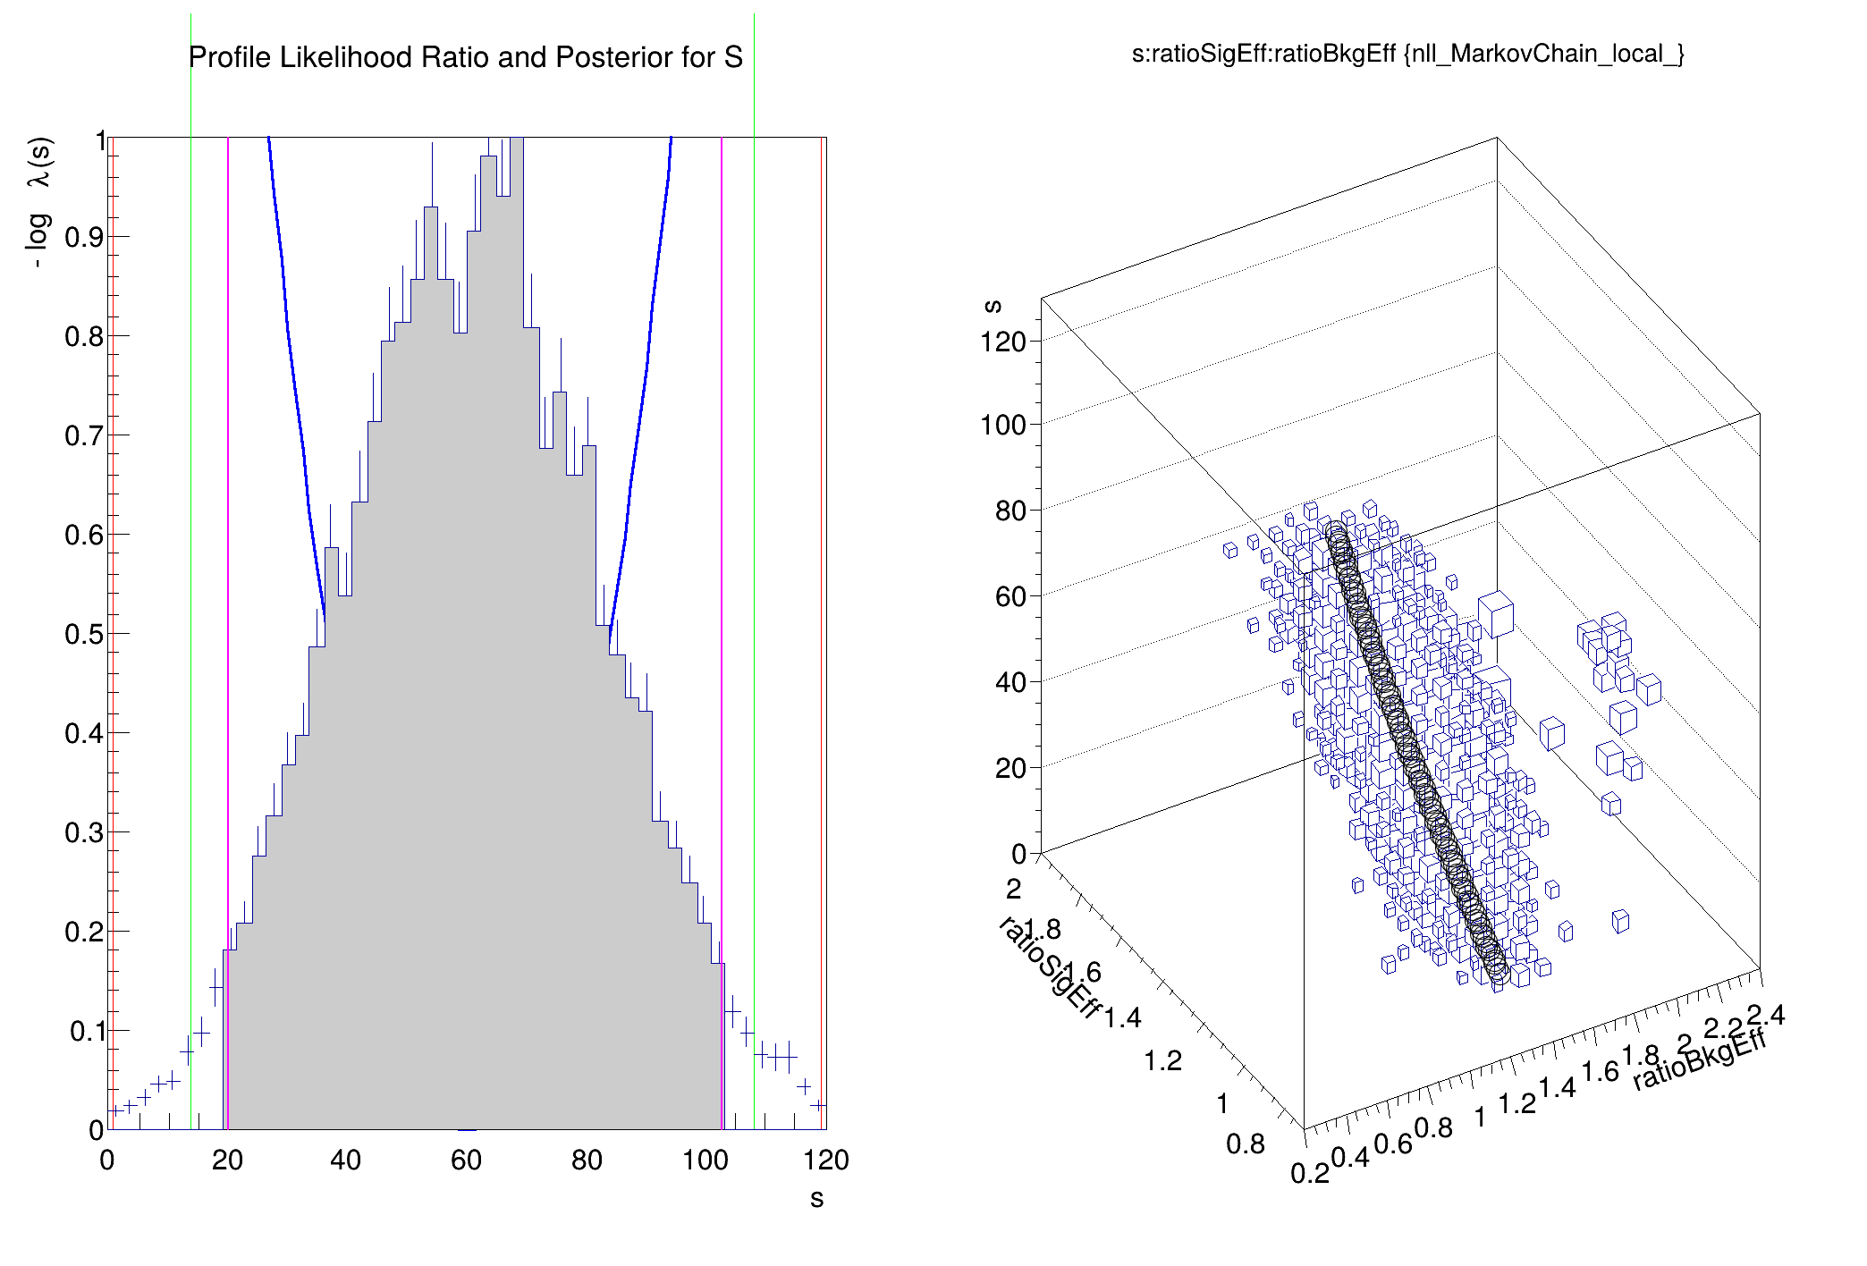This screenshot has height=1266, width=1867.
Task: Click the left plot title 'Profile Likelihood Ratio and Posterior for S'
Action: click(465, 57)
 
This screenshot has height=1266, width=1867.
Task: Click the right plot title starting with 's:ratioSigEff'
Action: click(1407, 55)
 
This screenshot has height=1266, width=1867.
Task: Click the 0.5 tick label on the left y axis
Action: click(84, 634)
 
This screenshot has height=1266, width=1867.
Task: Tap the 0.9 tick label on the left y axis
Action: click(84, 237)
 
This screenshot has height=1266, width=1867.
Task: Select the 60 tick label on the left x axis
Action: click(466, 1160)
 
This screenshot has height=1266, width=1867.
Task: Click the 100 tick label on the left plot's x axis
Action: click(705, 1160)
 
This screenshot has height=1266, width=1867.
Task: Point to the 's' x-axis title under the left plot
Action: click(816, 1199)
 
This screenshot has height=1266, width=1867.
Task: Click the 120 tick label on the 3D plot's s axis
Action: click(1002, 342)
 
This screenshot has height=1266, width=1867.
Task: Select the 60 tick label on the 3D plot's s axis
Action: click(1010, 596)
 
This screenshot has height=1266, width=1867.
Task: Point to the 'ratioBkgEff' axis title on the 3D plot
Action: click(1699, 1059)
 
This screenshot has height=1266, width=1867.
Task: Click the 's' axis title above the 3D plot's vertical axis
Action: click(992, 306)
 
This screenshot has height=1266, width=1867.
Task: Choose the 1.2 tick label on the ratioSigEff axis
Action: click(1162, 1061)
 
